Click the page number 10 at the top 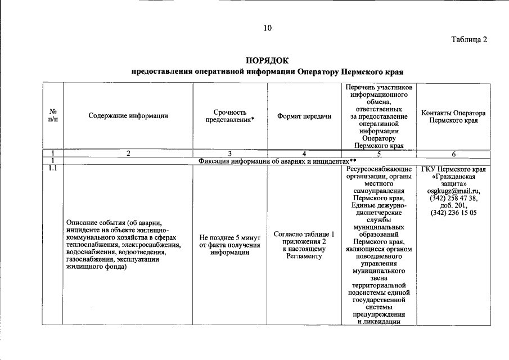267,28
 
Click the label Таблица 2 469,39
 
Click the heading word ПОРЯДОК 267,60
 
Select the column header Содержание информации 128,116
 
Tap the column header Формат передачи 304,116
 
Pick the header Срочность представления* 230,116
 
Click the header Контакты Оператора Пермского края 453,116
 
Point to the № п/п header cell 53,116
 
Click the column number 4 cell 304,153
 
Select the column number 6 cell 453,153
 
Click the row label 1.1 53,168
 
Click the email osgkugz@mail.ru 453,191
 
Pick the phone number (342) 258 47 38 453,198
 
